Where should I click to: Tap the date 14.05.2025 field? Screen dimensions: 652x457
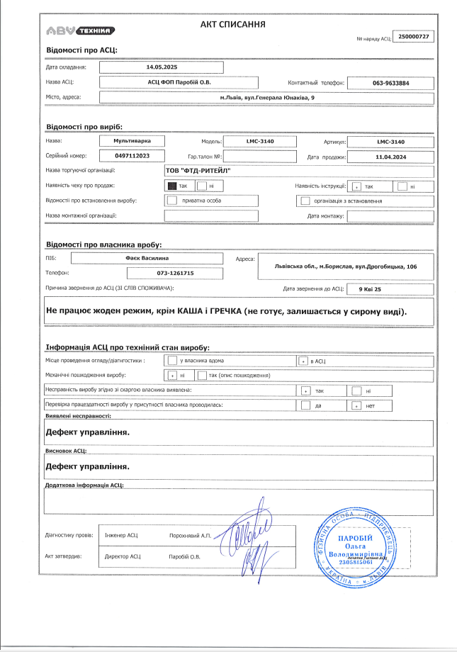tap(161, 67)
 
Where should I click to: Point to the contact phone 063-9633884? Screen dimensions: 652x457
tap(390, 83)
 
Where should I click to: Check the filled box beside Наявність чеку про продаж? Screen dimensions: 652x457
tap(171, 186)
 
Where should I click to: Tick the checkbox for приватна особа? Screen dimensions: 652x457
tap(171, 201)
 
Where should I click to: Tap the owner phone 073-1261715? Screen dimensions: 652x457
tap(175, 273)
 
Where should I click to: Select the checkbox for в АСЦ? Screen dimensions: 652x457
tap(304, 361)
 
